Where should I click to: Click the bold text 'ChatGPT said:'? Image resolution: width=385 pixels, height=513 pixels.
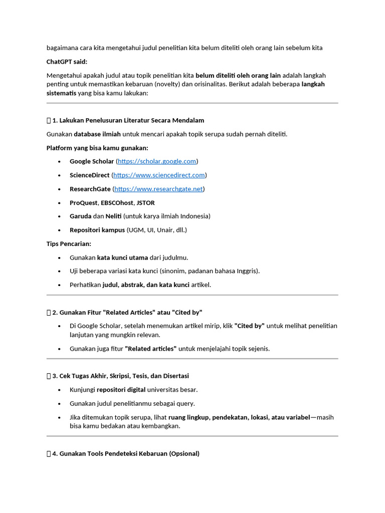coord(67,62)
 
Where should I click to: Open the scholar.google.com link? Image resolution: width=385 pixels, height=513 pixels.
coord(157,161)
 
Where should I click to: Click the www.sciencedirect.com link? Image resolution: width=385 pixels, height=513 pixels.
coord(159,175)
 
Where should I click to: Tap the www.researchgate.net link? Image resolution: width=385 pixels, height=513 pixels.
coord(158,189)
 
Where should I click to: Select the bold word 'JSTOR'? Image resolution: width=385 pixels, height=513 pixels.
coord(145,203)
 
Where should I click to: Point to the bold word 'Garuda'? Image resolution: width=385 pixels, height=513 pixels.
coord(80,216)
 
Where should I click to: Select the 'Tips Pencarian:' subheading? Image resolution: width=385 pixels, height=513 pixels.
coord(69,243)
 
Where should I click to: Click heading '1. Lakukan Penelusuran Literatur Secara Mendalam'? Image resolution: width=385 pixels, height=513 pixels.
coord(128,120)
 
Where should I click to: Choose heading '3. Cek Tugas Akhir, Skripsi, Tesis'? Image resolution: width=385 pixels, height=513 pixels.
coord(120,376)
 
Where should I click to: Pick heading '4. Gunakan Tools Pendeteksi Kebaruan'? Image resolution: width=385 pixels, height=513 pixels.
coord(125,453)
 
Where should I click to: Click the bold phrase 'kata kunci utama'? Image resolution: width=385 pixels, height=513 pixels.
coord(122,258)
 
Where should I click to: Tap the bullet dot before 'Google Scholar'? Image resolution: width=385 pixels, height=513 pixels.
coord(59,162)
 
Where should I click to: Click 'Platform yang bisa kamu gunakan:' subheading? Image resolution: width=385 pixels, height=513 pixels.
coord(97,148)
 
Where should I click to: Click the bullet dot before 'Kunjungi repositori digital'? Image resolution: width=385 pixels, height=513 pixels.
coord(59,390)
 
